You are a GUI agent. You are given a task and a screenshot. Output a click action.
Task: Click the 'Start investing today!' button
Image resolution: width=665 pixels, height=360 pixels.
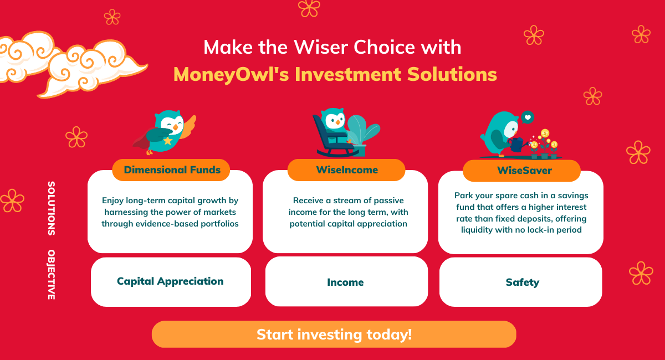(x=334, y=334)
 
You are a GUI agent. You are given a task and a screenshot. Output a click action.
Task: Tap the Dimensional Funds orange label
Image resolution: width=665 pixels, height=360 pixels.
(x=171, y=170)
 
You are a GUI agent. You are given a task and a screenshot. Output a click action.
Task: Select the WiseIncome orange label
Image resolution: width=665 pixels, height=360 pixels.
(x=346, y=170)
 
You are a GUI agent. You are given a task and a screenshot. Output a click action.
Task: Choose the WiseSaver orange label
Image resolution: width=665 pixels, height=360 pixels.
(x=521, y=171)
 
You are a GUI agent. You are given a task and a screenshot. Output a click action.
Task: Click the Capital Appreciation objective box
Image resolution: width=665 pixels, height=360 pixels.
(x=171, y=282)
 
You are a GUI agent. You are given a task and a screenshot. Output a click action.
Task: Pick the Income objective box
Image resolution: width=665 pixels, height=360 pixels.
(x=346, y=281)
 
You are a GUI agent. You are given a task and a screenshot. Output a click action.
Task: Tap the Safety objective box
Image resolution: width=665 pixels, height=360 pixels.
(x=521, y=282)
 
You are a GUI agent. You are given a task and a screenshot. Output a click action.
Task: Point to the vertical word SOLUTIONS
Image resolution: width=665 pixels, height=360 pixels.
(x=52, y=208)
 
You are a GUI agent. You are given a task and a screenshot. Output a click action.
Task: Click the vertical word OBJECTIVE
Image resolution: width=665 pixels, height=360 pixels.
(x=52, y=275)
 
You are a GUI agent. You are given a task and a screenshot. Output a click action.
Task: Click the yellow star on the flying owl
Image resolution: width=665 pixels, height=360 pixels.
(x=168, y=140)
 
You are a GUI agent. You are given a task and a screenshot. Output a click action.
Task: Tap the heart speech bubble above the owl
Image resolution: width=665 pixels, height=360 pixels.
(x=528, y=117)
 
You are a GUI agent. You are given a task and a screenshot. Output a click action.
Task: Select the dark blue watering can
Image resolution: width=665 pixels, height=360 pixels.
(x=517, y=145)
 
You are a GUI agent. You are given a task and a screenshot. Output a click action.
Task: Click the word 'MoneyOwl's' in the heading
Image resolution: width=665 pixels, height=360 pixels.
(x=231, y=74)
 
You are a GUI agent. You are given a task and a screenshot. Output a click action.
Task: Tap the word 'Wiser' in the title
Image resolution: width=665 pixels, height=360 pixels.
(x=320, y=47)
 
